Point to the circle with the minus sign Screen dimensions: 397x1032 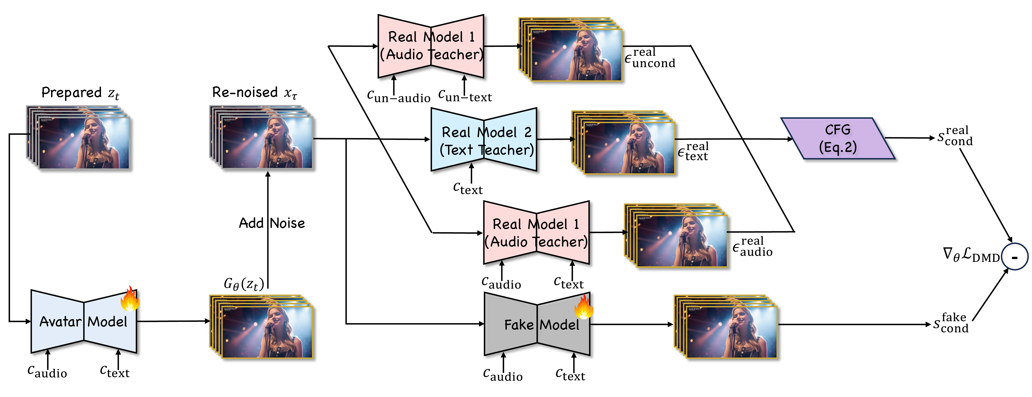pos(1014,257)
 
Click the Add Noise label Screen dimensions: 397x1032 pos(272,223)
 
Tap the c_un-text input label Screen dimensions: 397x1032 pos(465,96)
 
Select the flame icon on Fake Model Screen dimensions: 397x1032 pos(583,306)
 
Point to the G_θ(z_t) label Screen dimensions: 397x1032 pos(244,284)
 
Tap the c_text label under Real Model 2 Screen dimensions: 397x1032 pos(467,188)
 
